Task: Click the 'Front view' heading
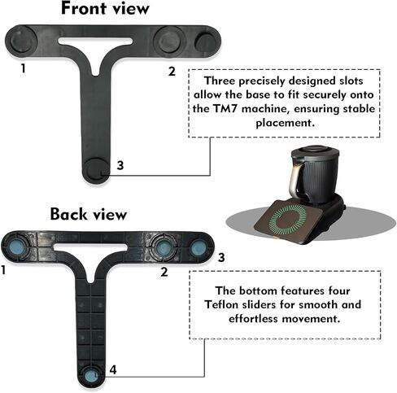105,8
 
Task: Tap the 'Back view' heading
89,214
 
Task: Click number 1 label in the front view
24,68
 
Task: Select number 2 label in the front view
172,72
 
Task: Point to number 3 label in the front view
120,165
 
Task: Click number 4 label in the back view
113,369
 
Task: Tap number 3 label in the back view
221,257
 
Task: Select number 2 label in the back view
164,272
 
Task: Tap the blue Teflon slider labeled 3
198,248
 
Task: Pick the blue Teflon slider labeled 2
163,247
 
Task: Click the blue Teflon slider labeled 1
17,247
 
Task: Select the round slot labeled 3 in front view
96,169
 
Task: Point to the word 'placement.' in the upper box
286,123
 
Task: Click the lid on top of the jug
315,151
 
